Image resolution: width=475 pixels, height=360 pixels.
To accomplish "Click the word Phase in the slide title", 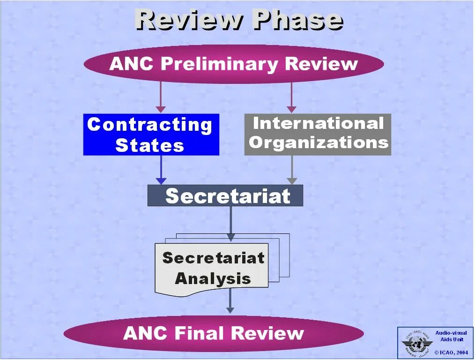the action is click(x=297, y=20).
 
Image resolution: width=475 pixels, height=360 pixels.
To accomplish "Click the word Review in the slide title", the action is click(x=190, y=20).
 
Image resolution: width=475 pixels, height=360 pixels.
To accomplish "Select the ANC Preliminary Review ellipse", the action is click(x=233, y=64).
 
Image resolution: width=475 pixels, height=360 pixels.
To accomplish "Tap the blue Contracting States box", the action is click(x=151, y=135).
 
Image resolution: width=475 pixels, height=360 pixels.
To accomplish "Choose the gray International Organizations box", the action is click(x=318, y=134).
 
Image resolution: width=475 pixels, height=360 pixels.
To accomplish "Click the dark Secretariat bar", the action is click(x=225, y=195).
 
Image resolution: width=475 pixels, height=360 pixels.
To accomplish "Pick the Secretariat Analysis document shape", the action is click(x=212, y=268).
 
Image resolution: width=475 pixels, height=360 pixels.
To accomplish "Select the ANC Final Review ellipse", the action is click(x=214, y=333).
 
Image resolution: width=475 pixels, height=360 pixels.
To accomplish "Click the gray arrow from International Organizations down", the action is click(x=292, y=170).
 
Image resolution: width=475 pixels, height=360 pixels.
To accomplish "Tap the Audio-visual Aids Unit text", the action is click(x=451, y=336).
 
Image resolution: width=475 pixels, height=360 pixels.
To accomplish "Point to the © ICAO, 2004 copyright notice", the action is click(x=451, y=352).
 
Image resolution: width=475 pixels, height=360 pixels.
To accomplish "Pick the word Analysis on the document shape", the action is click(x=213, y=278).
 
